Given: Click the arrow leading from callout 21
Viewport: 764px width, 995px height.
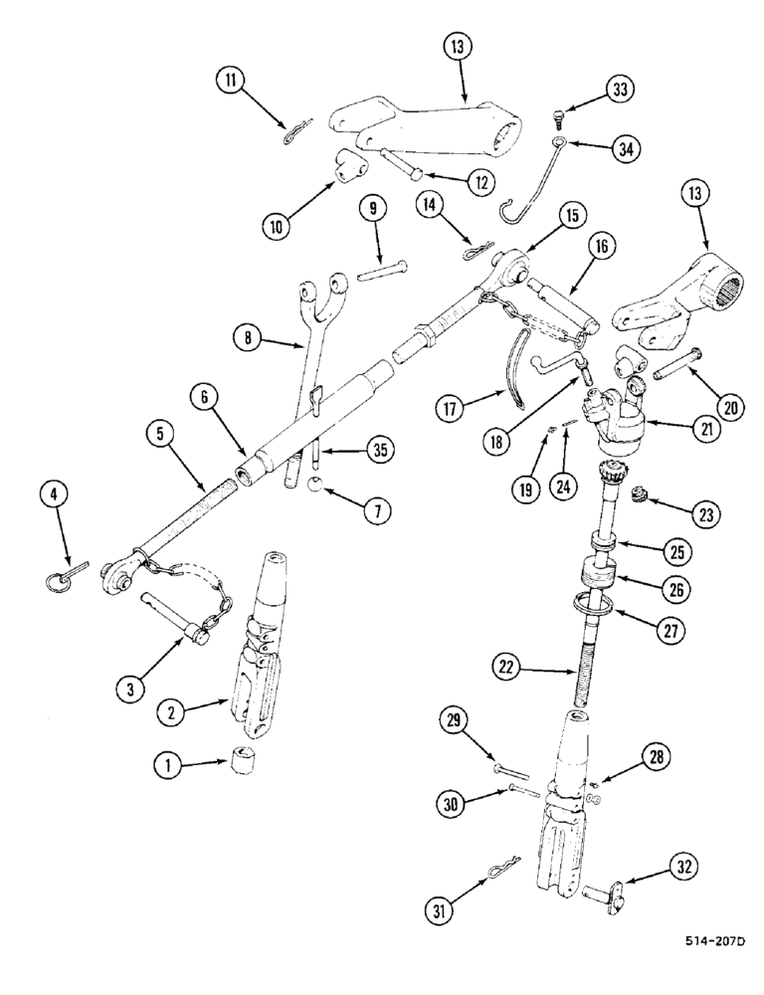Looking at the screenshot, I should tap(669, 430).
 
